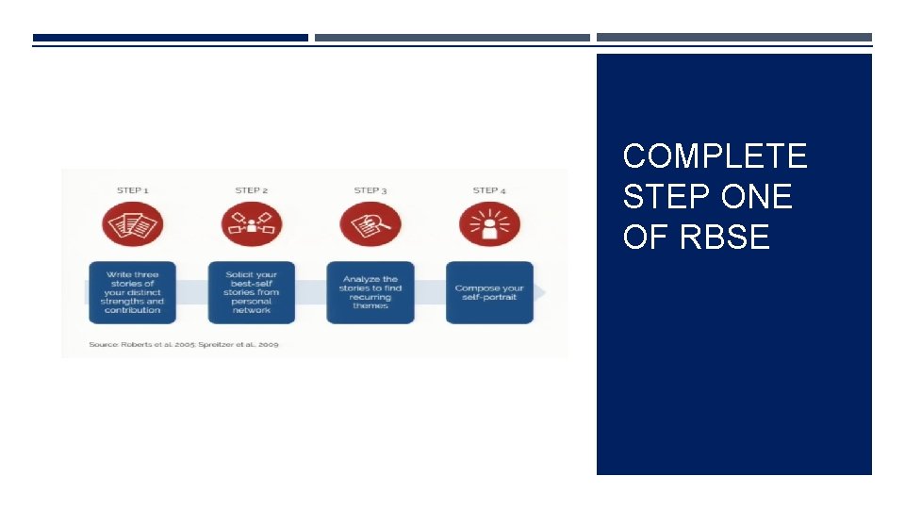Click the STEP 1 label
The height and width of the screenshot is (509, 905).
[133, 190]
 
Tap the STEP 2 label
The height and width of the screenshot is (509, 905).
[252, 190]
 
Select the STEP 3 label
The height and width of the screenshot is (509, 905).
[370, 190]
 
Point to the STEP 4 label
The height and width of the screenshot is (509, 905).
[489, 190]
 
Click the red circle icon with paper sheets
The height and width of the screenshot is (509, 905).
[133, 225]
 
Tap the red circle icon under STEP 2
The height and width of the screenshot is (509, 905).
[252, 225]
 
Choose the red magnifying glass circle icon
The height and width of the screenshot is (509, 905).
[370, 225]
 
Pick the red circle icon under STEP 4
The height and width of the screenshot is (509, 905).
[489, 225]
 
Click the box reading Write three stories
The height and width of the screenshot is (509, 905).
[133, 292]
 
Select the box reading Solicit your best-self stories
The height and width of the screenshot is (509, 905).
[252, 292]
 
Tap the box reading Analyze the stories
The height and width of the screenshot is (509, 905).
[370, 292]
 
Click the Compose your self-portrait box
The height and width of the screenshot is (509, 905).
[489, 292]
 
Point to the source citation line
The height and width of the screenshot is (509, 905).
[184, 344]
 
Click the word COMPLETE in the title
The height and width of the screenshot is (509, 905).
[715, 156]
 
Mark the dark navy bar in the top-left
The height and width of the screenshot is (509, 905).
[171, 38]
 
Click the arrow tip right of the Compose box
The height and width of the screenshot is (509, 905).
[540, 292]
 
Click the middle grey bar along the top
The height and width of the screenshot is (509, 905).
[452, 38]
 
